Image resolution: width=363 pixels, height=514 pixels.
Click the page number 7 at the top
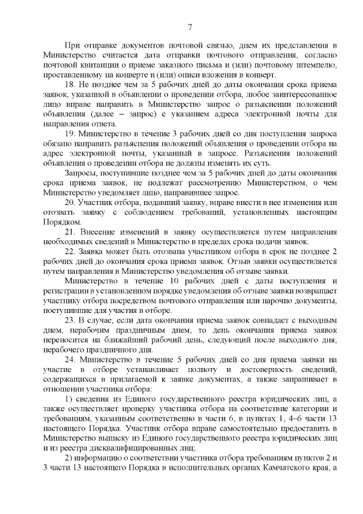[x=190, y=26]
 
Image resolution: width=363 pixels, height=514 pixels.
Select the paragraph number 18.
[x=71, y=84]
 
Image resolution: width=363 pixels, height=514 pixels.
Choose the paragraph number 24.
[x=71, y=360]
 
